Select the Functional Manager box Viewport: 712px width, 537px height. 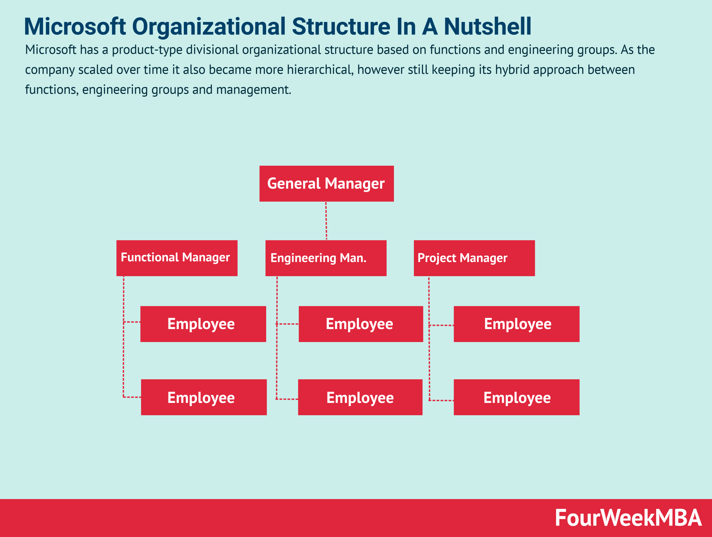[177, 258]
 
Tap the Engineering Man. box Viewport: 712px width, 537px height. [326, 258]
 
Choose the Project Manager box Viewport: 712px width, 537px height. [474, 258]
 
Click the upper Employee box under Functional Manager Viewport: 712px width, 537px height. [203, 324]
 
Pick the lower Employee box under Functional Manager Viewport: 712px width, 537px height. [204, 397]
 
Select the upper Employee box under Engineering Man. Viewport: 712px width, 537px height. [361, 324]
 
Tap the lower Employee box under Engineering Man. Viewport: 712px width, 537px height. [360, 397]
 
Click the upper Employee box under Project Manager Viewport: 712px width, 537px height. [517, 324]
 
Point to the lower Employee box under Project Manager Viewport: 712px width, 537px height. [517, 397]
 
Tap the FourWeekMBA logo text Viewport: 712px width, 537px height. [628, 518]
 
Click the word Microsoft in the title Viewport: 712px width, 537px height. [75, 26]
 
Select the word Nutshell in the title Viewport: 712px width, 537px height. [488, 26]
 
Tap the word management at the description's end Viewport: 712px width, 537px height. [254, 90]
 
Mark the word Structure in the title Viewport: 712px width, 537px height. [341, 26]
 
